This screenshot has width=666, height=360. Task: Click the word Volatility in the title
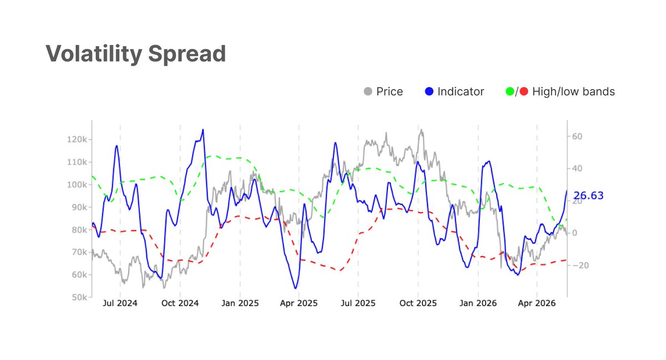pos(94,54)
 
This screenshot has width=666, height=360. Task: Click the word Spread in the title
pos(187,53)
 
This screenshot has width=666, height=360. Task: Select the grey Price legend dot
pos(368,92)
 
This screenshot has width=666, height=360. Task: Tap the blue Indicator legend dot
pos(429,92)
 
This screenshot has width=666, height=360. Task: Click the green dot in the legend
pos(510,92)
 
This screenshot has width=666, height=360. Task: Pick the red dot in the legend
pos(524,92)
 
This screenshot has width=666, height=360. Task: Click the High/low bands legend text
pos(573,92)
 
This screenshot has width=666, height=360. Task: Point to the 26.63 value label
pos(588,196)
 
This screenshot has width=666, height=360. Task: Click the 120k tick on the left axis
pos(77,139)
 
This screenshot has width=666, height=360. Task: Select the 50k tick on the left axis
pos(79,297)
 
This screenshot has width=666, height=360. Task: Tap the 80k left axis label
pos(79,230)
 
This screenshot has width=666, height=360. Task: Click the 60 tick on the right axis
pos(577,136)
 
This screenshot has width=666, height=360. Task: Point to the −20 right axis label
pos(580,265)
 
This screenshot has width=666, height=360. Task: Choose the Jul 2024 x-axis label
pos(120,303)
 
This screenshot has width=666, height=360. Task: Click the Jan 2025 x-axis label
pos(240,303)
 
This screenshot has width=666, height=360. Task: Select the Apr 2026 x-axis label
pos(537,303)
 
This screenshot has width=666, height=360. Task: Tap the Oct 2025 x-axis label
pos(418,303)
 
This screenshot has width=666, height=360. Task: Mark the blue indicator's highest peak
pos(203,129)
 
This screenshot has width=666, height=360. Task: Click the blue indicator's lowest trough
pos(295,288)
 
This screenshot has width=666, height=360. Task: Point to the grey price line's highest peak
pos(421,129)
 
